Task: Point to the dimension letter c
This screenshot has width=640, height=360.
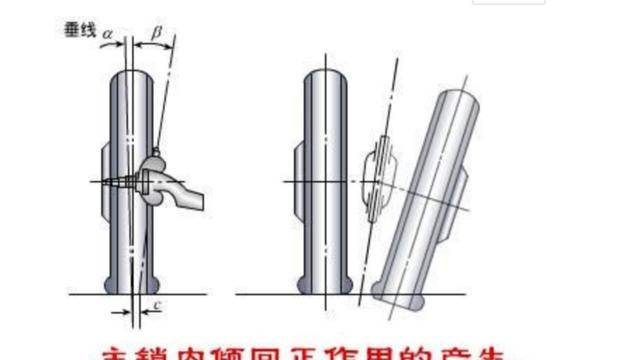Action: coord(159,303)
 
